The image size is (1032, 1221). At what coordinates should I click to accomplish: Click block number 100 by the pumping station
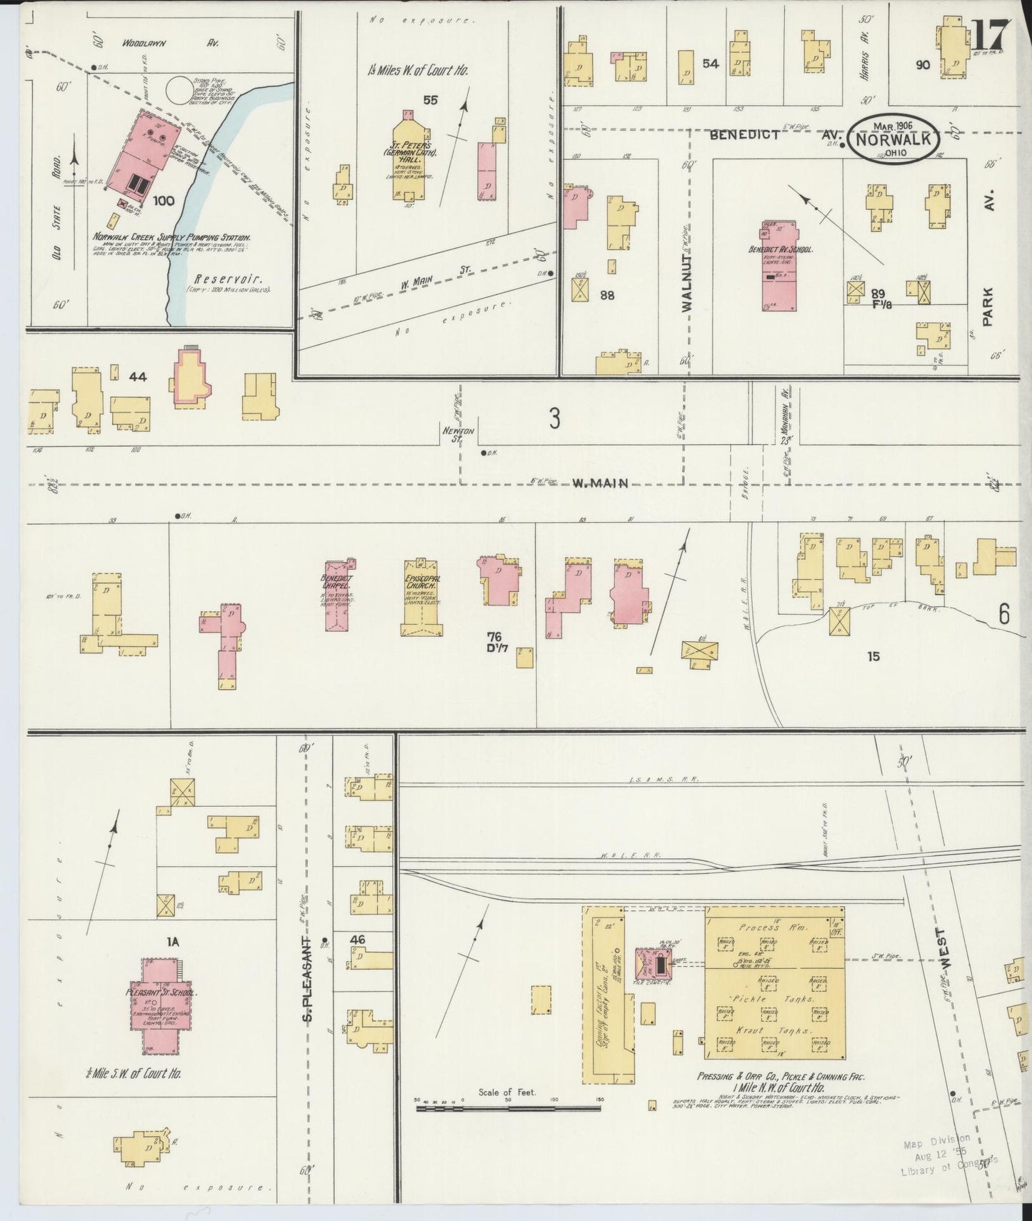[164, 201]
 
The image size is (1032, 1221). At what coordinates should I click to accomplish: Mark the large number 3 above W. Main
[554, 419]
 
